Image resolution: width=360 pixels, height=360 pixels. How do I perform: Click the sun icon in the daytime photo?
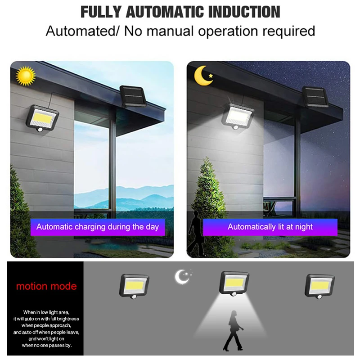(25, 76)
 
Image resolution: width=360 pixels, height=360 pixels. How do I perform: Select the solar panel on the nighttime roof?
(314, 97)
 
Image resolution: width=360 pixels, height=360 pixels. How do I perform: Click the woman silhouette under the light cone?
(233, 330)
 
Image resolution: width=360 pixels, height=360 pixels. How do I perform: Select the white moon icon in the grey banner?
(182, 276)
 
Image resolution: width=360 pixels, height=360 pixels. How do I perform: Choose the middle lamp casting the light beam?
(234, 283)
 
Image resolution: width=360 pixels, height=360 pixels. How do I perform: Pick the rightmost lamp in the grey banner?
(319, 285)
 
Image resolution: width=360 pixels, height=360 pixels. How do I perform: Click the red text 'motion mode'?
(46, 286)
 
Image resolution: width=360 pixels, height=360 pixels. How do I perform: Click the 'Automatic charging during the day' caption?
(98, 227)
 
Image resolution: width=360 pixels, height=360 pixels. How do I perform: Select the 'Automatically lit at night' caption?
(270, 227)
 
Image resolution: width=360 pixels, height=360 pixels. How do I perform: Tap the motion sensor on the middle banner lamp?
(234, 294)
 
